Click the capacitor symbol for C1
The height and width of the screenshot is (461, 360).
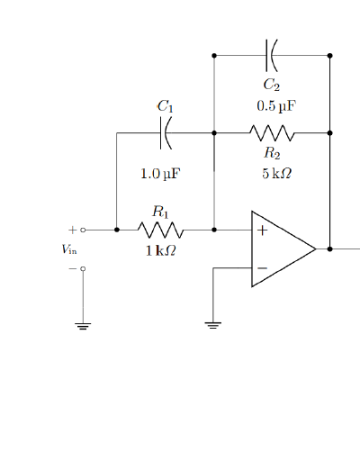coord(165,133)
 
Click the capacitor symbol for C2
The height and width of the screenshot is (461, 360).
coord(271,55)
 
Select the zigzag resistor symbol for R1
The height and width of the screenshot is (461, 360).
coord(160,230)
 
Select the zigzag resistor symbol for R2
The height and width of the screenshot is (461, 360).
coord(272,133)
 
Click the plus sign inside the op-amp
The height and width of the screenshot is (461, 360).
coord(262,230)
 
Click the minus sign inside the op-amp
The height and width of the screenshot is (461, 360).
coord(262,267)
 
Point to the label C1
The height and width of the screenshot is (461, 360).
coord(165,106)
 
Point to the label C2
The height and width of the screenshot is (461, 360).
coord(271,85)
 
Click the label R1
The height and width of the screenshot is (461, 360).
coord(160,212)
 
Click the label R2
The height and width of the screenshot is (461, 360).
coord(272,153)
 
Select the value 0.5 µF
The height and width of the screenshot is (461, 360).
coord(275,105)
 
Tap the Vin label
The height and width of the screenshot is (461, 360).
coord(69,249)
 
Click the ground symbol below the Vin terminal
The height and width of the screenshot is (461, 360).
coord(83,326)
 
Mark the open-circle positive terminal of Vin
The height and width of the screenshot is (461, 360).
coord(83,230)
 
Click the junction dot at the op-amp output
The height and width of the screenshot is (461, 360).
coord(330,249)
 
